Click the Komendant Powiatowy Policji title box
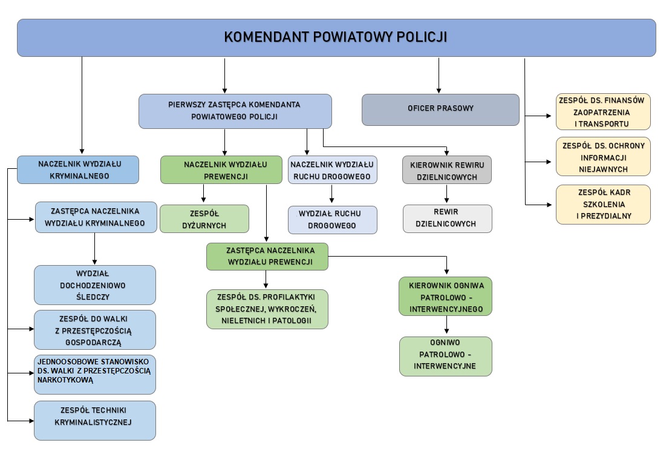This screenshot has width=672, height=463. [336, 38]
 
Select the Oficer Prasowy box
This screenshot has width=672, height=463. [440, 109]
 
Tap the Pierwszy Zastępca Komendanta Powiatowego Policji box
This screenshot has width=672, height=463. [235, 111]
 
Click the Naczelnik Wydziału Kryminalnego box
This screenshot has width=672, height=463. [77, 169]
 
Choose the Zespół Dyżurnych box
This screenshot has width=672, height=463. [204, 219]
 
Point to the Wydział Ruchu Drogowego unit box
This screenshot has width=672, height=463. [332, 220]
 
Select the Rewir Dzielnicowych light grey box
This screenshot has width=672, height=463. [448, 218]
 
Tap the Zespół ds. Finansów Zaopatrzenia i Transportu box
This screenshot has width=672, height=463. [603, 112]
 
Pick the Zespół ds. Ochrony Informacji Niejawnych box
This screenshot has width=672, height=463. [603, 157]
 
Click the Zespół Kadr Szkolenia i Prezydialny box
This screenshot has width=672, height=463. [603, 205]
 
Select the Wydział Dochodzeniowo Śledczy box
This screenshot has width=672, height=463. [95, 284]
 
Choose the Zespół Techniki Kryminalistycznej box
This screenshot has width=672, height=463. [95, 420]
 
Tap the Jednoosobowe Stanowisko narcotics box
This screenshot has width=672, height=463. [95, 374]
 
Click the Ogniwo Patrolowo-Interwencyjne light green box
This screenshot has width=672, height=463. [446, 356]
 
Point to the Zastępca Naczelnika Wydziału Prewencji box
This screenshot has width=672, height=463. [267, 256]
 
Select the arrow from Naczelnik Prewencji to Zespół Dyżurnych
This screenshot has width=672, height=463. [204, 194]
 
